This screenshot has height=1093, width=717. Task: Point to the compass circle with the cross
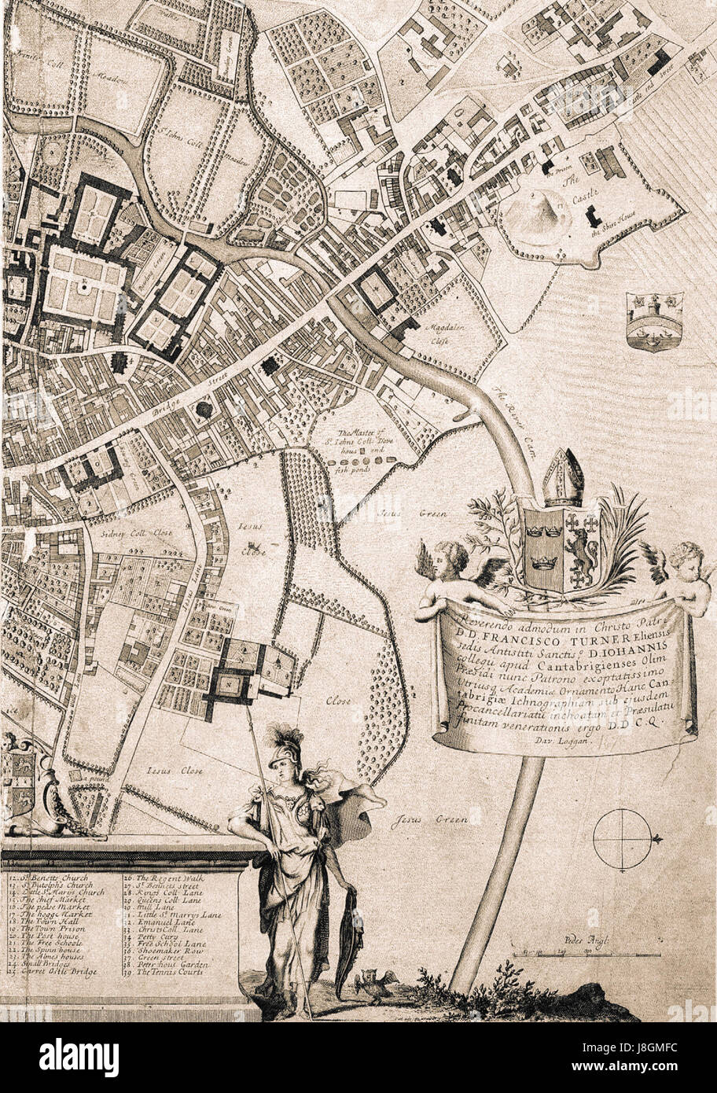coord(623,841)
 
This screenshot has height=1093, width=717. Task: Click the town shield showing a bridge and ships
coord(654,319)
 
